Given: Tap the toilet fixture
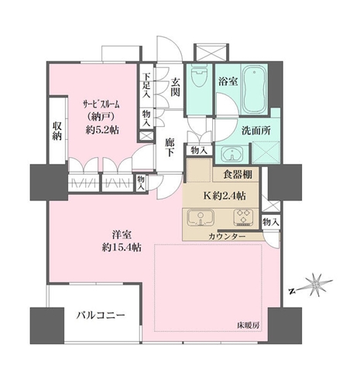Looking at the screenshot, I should click(200, 78).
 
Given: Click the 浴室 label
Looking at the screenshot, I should click(227, 80).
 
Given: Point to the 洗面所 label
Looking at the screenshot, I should click(253, 131).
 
